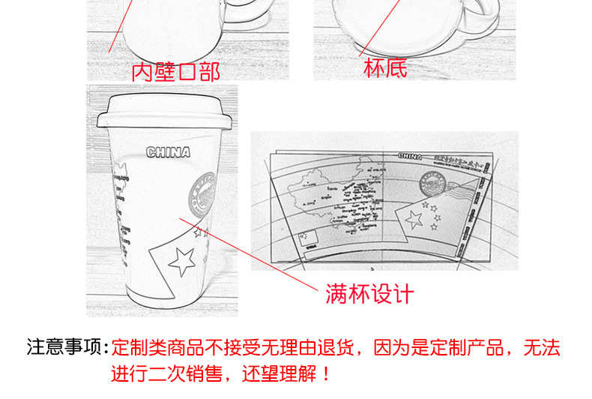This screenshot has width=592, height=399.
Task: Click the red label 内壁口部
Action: tap(175, 72)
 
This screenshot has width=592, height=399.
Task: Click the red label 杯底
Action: tap(385, 68)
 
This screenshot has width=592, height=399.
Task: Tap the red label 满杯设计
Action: tap(369, 293)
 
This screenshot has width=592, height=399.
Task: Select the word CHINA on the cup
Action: tap(168, 153)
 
